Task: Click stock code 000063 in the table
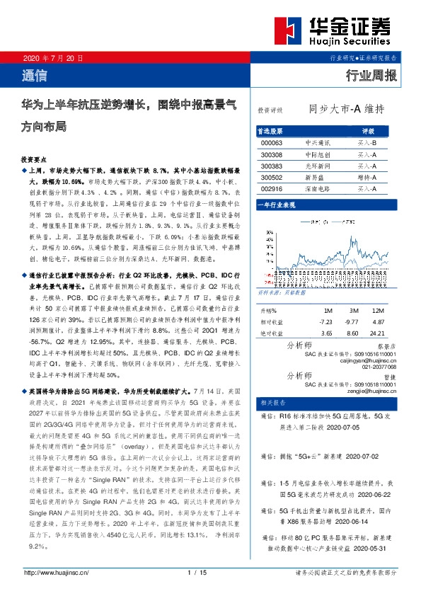272,142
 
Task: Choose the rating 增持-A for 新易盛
367,178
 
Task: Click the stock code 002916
272,190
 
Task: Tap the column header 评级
368,131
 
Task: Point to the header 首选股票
272,131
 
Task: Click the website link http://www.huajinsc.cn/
56,573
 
